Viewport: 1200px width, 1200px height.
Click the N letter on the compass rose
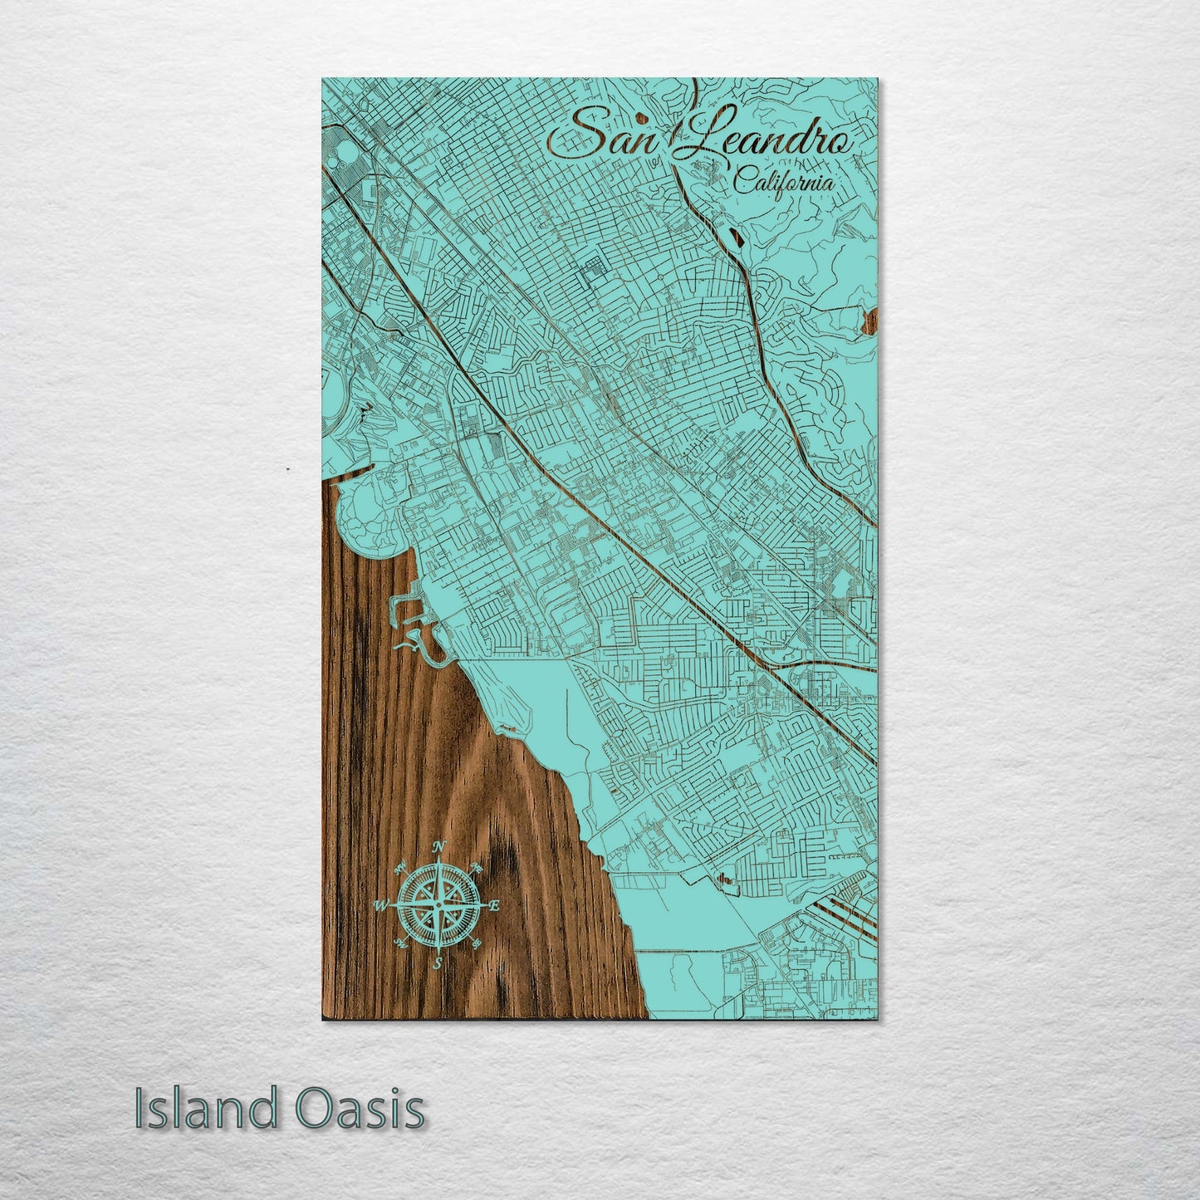coord(441,847)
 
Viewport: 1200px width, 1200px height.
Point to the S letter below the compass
coord(438,963)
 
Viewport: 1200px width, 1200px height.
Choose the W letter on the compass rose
coord(383,904)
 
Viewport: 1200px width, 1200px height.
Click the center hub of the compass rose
coord(438,904)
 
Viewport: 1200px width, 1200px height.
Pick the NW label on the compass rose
coord(401,867)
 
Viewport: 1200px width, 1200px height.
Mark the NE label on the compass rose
coord(478,869)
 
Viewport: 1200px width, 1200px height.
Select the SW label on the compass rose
coord(400,943)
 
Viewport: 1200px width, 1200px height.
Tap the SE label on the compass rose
coord(477,943)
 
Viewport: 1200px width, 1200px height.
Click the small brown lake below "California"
coord(734,238)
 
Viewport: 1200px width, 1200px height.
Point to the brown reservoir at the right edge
coord(869,320)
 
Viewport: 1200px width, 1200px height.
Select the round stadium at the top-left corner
coord(341,153)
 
